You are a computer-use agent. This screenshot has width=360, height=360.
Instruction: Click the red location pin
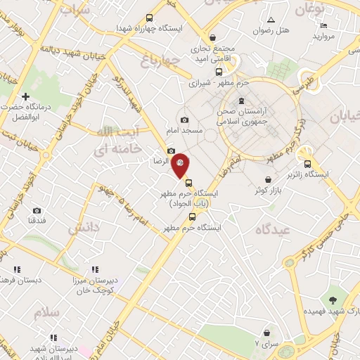[x=181, y=164]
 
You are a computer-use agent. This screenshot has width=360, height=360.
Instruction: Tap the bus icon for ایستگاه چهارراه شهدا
[x=149, y=18]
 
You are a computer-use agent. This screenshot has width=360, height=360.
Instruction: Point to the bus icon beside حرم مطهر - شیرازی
[x=219, y=71]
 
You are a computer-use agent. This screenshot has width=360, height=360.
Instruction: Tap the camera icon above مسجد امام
[x=184, y=120]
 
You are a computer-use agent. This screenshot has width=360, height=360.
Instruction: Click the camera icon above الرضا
[x=171, y=150]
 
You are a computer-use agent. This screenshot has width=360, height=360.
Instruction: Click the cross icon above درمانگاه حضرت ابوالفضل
[x=26, y=96]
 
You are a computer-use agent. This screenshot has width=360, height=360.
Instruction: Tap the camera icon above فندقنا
[x=37, y=210]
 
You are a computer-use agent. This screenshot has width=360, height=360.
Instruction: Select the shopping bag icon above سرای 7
[x=266, y=333]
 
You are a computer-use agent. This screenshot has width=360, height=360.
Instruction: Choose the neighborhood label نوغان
[x=307, y=10]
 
